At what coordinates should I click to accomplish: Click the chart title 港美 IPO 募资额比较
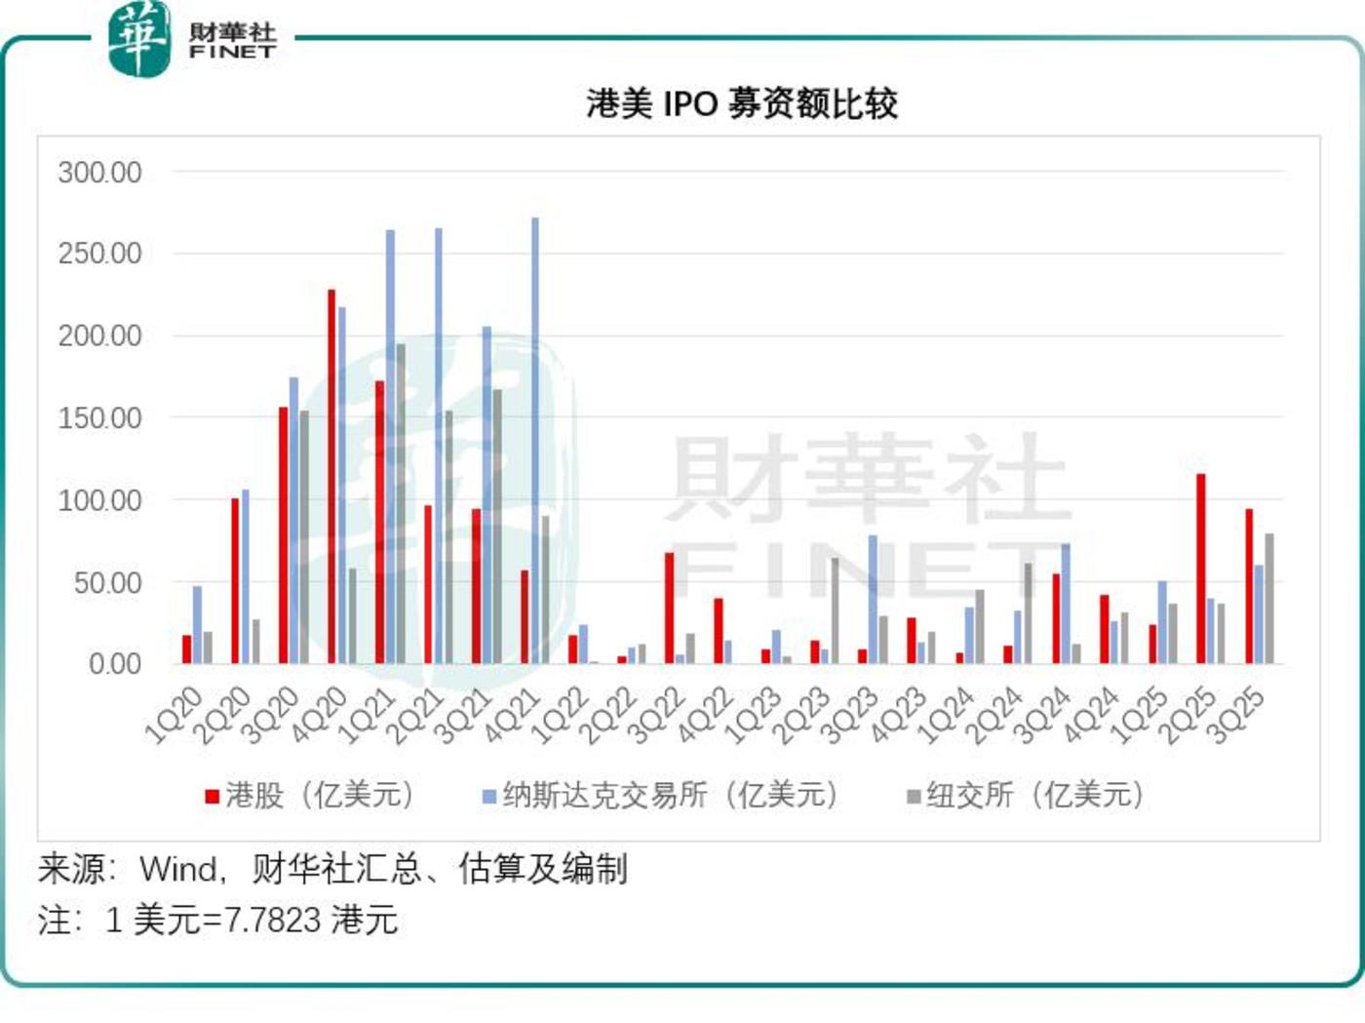click(741, 103)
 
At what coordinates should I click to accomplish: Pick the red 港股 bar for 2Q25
click(1201, 569)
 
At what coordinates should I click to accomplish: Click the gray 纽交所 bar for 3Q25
click(1269, 598)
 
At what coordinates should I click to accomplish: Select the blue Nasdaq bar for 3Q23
click(873, 599)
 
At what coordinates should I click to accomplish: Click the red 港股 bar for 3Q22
click(670, 608)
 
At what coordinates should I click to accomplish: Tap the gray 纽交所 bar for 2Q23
click(835, 610)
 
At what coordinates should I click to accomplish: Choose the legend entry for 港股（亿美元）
click(310, 796)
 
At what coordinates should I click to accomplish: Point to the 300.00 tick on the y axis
click(99, 173)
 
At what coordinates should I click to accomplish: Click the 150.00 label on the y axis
click(99, 418)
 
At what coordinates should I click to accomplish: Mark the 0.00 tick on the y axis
click(115, 664)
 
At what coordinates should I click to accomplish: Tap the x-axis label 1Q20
click(174, 715)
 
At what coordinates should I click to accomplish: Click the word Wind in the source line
click(178, 868)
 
